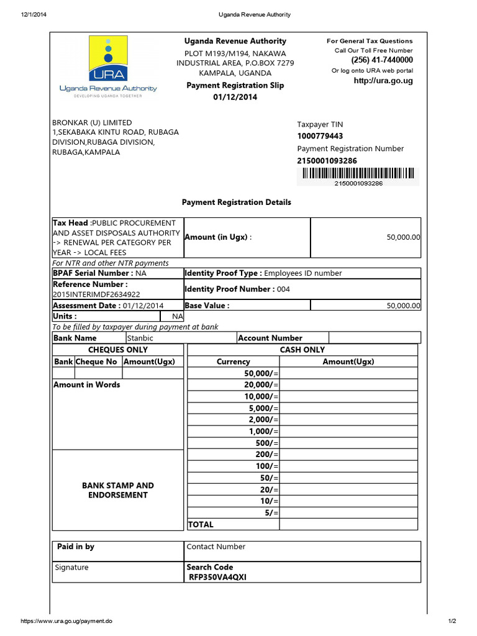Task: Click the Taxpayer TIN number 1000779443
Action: [320, 136]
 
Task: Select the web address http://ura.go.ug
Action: [383, 81]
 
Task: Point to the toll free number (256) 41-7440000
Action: [382, 60]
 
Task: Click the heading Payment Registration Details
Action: [236, 202]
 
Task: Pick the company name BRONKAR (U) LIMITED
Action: [93, 122]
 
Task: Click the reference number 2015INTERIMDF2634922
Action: [96, 294]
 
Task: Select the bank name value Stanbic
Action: [140, 338]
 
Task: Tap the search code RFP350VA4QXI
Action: [218, 577]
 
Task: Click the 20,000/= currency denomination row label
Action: [262, 385]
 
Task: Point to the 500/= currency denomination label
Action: [268, 443]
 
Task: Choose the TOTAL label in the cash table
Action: [200, 524]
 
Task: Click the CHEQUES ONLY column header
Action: [118, 350]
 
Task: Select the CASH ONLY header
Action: [302, 350]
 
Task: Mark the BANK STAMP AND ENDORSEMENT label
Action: [118, 490]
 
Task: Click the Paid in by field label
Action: [76, 547]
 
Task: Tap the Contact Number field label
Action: [216, 547]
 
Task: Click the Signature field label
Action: [72, 567]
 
